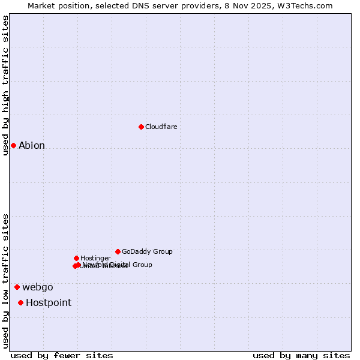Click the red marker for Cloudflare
[x=141, y=127]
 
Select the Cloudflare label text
[x=161, y=127]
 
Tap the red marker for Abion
[x=13, y=145]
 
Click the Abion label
[x=32, y=146]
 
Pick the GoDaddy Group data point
[x=118, y=251]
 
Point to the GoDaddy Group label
[x=147, y=252]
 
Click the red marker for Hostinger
[x=76, y=258]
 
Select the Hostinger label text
[x=95, y=259]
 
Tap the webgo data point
[x=17, y=287]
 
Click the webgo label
[x=38, y=287]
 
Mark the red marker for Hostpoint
[x=20, y=302]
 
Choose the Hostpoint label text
[x=49, y=303]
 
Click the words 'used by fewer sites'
[x=62, y=355]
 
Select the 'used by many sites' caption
[x=301, y=355]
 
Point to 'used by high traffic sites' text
[x=5, y=85]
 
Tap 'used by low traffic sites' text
[x=5, y=281]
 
